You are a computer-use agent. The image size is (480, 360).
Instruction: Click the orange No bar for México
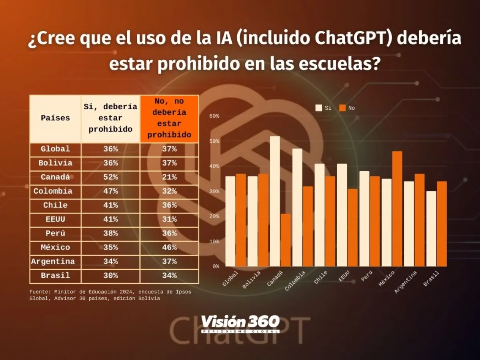[x=397, y=209]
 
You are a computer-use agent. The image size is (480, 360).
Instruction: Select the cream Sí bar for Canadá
[x=275, y=201]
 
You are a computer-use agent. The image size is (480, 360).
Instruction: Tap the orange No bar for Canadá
[x=286, y=240]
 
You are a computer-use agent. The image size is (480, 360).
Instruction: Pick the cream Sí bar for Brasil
[x=431, y=229]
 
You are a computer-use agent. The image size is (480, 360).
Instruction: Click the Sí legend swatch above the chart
[x=319, y=108]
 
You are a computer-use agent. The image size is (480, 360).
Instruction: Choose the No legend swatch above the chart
[x=342, y=108]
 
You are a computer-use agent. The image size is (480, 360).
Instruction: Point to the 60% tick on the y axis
[x=214, y=116]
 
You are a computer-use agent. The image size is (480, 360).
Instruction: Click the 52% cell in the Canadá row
[x=110, y=177]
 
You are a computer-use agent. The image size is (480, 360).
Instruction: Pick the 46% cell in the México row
[x=169, y=247]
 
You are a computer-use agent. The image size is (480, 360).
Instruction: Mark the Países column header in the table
[x=55, y=118]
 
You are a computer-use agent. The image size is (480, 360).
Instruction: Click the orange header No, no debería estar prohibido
[x=169, y=118]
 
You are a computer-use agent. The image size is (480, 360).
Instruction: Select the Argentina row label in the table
[x=54, y=262]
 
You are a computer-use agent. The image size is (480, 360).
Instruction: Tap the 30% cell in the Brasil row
[x=110, y=276]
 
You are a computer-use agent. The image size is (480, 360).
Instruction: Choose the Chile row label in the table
[x=55, y=205]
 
